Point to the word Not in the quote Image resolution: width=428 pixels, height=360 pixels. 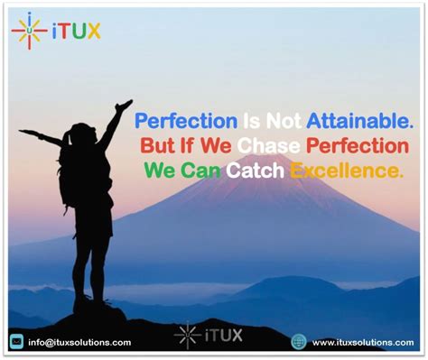point(276,119)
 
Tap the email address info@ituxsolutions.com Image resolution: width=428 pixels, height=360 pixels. point(79,342)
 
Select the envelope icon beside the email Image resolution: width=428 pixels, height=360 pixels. point(16,341)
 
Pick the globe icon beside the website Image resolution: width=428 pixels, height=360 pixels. point(299,342)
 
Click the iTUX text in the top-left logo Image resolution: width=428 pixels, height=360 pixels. point(78,32)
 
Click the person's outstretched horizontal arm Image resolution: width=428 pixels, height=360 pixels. point(41,136)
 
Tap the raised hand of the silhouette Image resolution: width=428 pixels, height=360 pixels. point(125,106)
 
